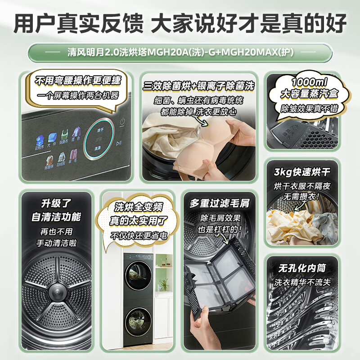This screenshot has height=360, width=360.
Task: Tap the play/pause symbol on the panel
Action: click(119, 144)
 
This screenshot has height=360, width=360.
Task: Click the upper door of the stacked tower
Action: click(138, 274)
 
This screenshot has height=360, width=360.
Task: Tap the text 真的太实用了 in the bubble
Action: click(138, 221)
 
